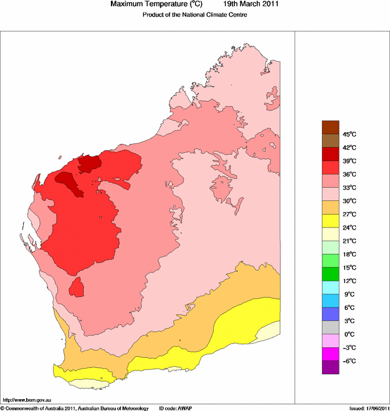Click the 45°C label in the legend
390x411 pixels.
[x=349, y=134]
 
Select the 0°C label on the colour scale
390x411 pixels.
[x=348, y=334]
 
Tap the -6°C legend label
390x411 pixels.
[x=348, y=361]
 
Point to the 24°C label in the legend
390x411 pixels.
[x=349, y=228]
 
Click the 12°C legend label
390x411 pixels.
[x=349, y=281]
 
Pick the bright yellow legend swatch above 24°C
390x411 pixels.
[x=330, y=220]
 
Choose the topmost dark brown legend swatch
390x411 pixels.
[x=330, y=127]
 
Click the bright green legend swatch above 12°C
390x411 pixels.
[x=330, y=274]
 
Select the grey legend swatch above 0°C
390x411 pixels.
[x=330, y=327]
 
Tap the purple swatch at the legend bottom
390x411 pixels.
[x=330, y=367]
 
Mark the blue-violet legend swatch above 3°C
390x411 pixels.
[x=330, y=314]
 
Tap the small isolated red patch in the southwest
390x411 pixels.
[x=77, y=288]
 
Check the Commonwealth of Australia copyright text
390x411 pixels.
[x=75, y=408]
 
